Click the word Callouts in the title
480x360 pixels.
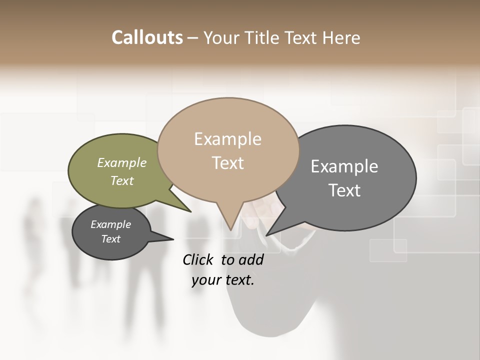[x=147, y=37]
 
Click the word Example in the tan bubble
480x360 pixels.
[x=227, y=139]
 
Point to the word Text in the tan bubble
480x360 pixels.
[x=227, y=163]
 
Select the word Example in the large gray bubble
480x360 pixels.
[x=344, y=166]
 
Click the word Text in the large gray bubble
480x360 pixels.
[x=344, y=190]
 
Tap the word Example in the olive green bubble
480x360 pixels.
[x=121, y=162]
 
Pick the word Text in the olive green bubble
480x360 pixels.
[x=121, y=180]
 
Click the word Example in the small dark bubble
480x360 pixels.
[x=110, y=224]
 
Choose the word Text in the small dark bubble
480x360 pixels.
[x=110, y=239]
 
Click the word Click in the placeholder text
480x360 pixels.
[x=199, y=259]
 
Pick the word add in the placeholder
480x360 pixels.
[x=251, y=259]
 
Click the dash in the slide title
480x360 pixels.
[x=192, y=38]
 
